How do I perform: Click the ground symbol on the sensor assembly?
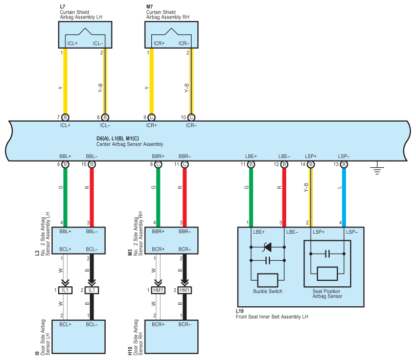pos(377,168)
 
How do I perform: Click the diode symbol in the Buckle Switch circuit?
pos(267,247)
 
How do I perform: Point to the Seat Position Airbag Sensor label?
pos(327,294)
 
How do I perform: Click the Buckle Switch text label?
pos(267,291)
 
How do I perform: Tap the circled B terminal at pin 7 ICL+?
pos(65,117)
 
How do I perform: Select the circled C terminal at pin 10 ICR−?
pos(191,117)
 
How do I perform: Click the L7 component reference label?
pos(63,7)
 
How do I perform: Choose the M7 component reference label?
pos(149,7)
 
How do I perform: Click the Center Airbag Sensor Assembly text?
pos(129,144)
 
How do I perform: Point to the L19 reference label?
pos(240,311)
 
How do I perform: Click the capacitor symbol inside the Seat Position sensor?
pos(327,254)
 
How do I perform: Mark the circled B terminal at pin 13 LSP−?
pos(344,165)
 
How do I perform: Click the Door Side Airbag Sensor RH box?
pos(171,336)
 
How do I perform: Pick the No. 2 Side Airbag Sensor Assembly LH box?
pos(79,240)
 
